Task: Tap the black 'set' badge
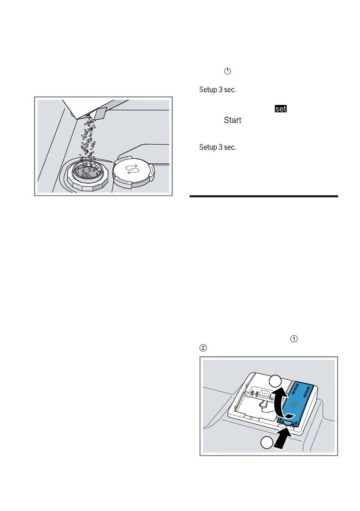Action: coord(281,109)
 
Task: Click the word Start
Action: coord(232,121)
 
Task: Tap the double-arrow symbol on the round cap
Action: coord(132,170)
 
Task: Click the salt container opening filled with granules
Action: coord(88,172)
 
